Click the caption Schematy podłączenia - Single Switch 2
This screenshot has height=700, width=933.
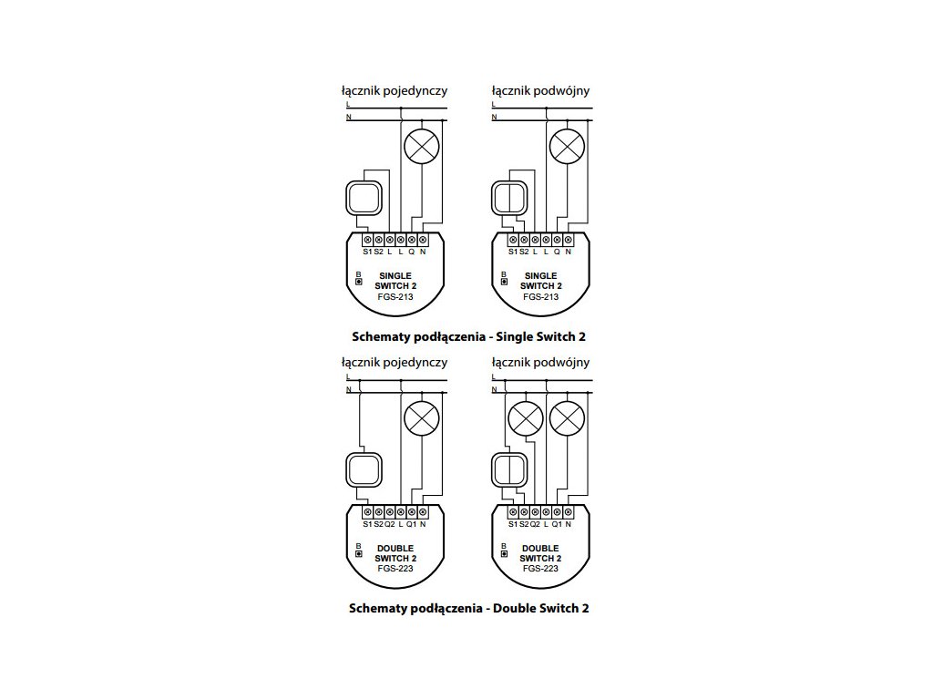468,336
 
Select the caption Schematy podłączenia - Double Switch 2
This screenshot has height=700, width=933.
468,608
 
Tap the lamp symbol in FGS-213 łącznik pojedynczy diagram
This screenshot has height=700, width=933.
421,145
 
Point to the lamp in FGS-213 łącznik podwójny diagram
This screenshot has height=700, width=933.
567,145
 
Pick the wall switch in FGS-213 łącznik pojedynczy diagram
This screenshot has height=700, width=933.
364,196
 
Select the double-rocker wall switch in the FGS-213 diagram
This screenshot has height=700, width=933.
509,197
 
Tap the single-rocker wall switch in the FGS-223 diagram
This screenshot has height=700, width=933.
364,469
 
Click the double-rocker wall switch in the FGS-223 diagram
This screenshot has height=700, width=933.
509,469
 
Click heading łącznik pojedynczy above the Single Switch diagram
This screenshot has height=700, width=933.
394,91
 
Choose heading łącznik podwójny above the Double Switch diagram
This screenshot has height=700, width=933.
540,362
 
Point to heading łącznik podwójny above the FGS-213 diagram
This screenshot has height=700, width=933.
540,91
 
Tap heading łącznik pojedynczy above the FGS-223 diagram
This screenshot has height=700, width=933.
394,362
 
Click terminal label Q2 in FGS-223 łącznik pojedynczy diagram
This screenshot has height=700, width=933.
389,524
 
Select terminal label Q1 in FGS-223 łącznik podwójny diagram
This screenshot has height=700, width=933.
556,524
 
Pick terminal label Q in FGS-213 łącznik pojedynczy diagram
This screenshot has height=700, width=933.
411,252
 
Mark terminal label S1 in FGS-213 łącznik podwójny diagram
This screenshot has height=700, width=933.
512,252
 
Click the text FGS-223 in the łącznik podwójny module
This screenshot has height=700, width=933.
540,569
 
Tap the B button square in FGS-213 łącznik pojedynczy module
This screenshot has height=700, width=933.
359,282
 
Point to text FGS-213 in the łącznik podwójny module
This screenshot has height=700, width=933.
540,297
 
